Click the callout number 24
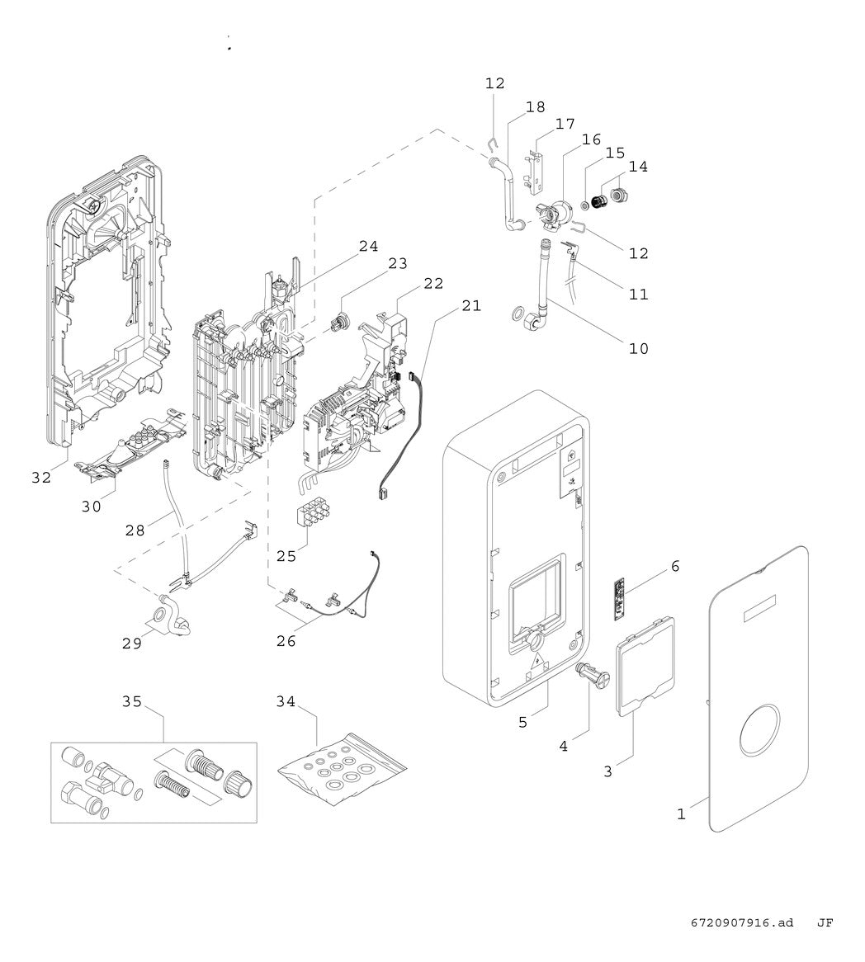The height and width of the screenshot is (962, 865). point(368,246)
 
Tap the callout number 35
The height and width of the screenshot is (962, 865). point(132,701)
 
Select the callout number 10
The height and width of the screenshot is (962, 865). point(639,348)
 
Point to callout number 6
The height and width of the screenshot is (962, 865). point(675,566)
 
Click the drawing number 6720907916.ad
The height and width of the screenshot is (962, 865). point(742,922)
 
